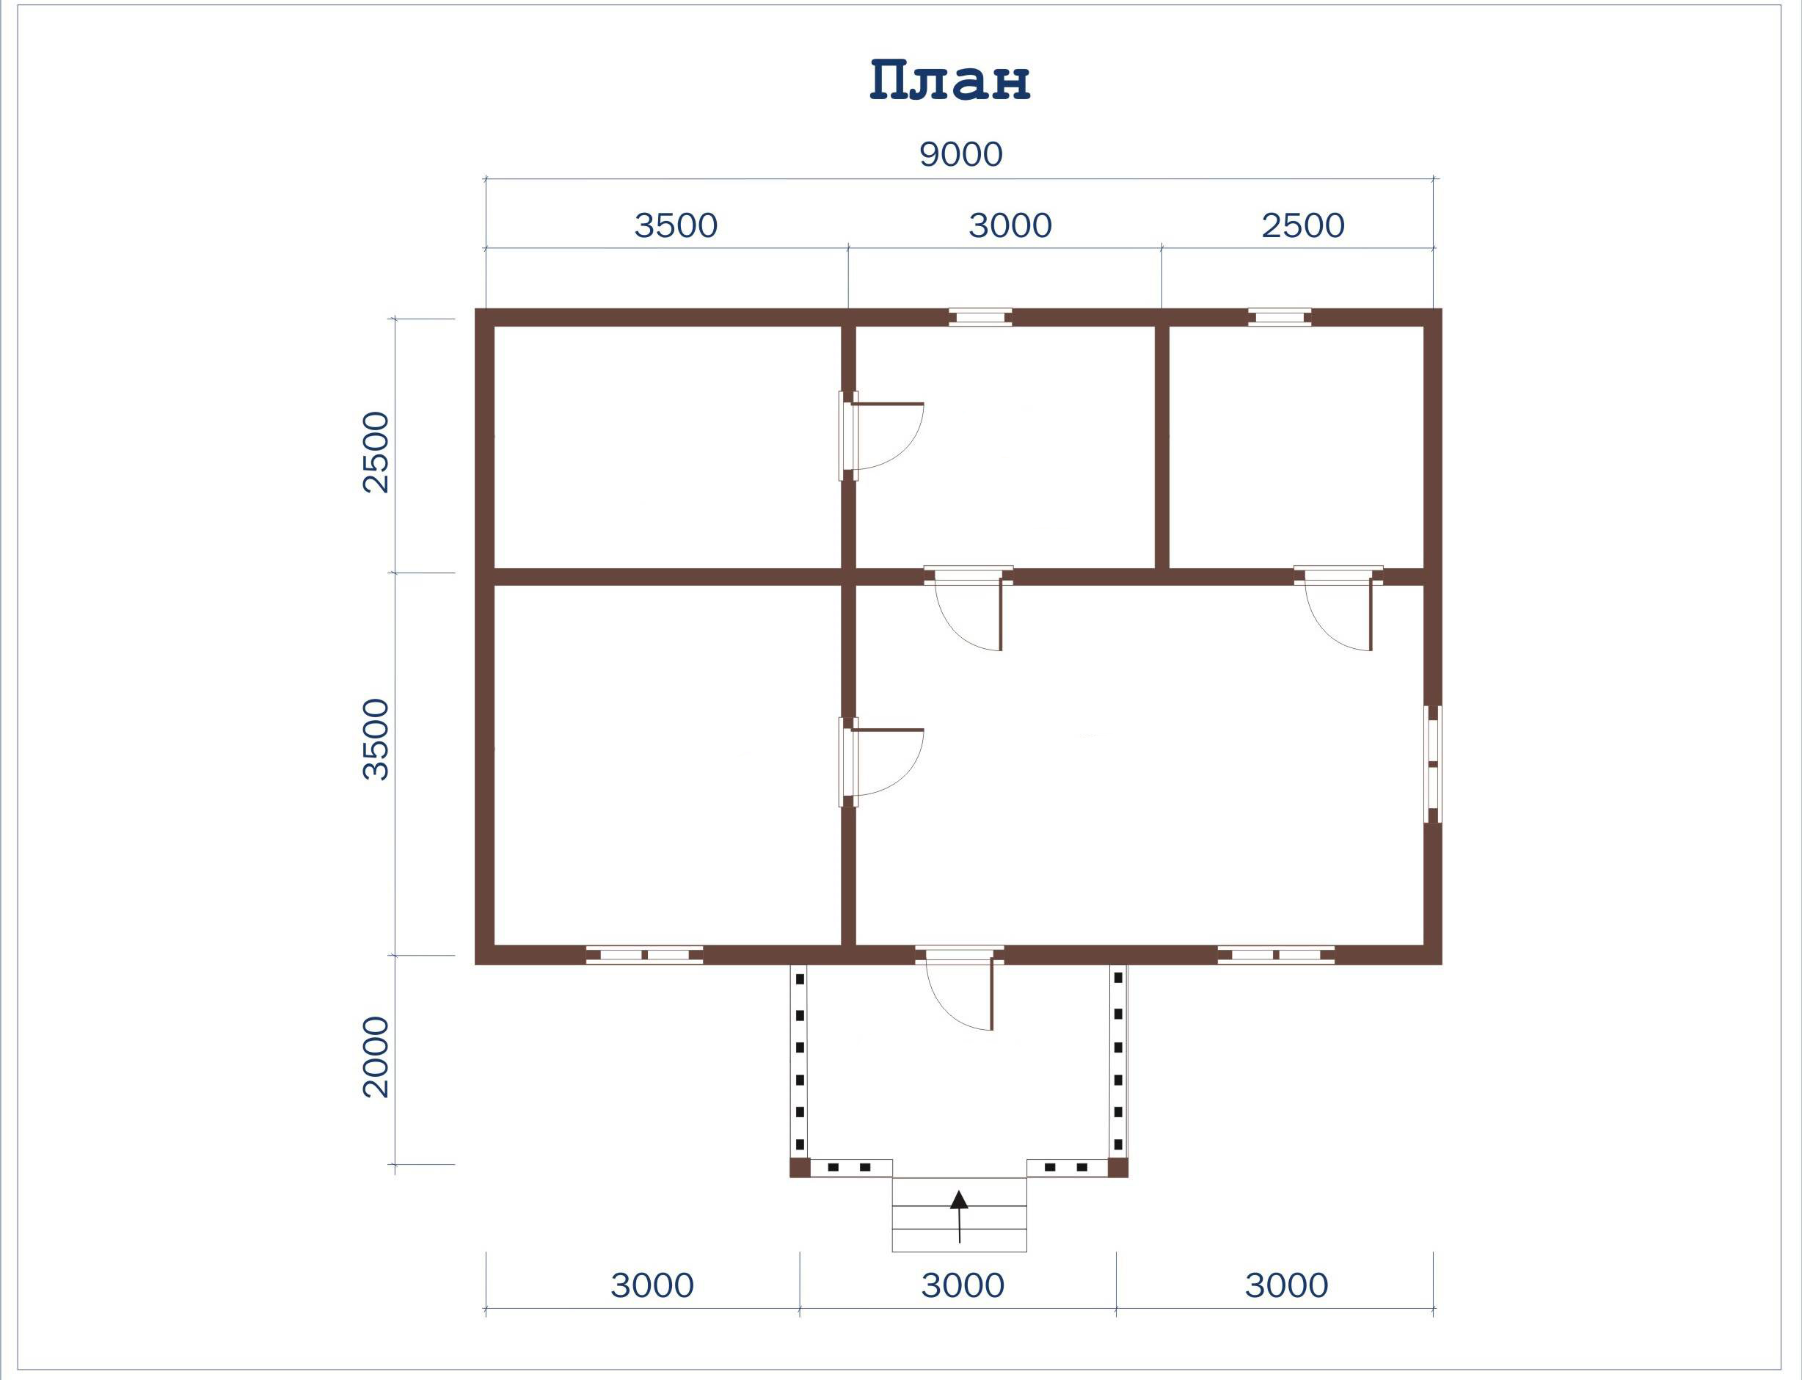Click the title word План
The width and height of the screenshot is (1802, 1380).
tap(950, 81)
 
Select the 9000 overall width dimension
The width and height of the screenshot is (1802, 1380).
tap(960, 154)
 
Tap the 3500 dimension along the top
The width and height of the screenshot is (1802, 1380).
tap(676, 225)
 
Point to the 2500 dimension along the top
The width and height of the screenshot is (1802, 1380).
tap(1303, 225)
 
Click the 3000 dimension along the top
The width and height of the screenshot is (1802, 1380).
tap(1010, 225)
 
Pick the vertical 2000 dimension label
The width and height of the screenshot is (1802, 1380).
tap(376, 1057)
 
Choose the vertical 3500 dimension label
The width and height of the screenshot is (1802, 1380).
tap(376, 739)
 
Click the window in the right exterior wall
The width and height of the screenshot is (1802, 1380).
tap(1432, 765)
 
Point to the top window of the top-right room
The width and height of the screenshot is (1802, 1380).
tap(1279, 317)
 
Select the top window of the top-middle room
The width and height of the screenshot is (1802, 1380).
tap(980, 317)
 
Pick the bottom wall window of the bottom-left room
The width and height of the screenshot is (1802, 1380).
tap(644, 955)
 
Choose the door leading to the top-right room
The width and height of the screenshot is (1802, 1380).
tap(1338, 608)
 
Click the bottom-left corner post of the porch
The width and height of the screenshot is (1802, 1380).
tap(800, 1167)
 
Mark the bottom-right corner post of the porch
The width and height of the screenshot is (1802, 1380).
tap(1118, 1167)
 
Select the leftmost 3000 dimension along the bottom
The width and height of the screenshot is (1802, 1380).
tap(652, 1285)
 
